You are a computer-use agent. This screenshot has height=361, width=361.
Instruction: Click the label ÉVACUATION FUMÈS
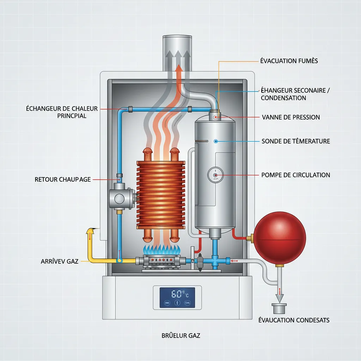point(289,61)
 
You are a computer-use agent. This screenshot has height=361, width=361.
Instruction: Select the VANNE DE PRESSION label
point(291,117)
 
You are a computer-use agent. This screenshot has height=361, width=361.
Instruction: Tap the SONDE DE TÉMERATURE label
point(296,141)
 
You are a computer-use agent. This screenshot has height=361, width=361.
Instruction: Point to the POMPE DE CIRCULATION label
point(296,175)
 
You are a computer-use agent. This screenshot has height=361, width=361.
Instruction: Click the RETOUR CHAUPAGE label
point(63,179)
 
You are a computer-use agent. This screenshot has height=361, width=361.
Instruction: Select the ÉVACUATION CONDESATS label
point(294,320)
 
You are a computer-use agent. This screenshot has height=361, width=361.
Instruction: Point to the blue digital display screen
point(177,297)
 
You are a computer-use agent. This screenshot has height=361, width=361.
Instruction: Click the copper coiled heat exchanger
point(160,194)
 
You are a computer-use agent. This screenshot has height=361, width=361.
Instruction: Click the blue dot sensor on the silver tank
point(216,141)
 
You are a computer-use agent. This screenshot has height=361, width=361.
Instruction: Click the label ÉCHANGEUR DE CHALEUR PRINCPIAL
point(62,112)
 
